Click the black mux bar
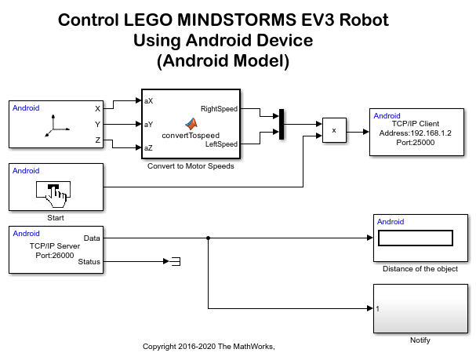(281, 124)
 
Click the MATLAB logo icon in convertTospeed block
(190, 123)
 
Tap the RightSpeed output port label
(219, 109)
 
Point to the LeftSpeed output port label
(221, 144)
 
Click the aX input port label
(149, 101)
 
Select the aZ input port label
(149, 147)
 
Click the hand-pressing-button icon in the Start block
(53, 191)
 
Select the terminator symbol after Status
(176, 261)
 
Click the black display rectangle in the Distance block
(416, 238)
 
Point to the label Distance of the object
(420, 269)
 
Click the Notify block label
(420, 340)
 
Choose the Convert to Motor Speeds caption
(190, 165)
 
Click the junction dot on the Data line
(208, 238)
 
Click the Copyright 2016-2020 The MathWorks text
(209, 346)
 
